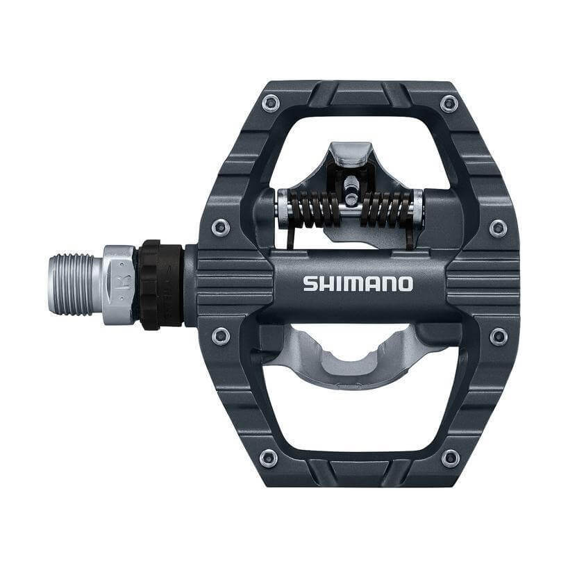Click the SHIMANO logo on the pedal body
(x=358, y=283)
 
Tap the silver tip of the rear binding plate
(x=351, y=153)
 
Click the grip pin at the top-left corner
(x=270, y=103)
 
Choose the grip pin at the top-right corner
(x=449, y=103)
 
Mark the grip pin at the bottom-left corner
(x=269, y=458)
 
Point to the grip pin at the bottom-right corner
(x=450, y=458)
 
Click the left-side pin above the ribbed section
(x=221, y=227)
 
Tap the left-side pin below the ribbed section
(x=221, y=336)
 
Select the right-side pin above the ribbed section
(x=498, y=228)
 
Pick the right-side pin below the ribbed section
(x=498, y=337)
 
